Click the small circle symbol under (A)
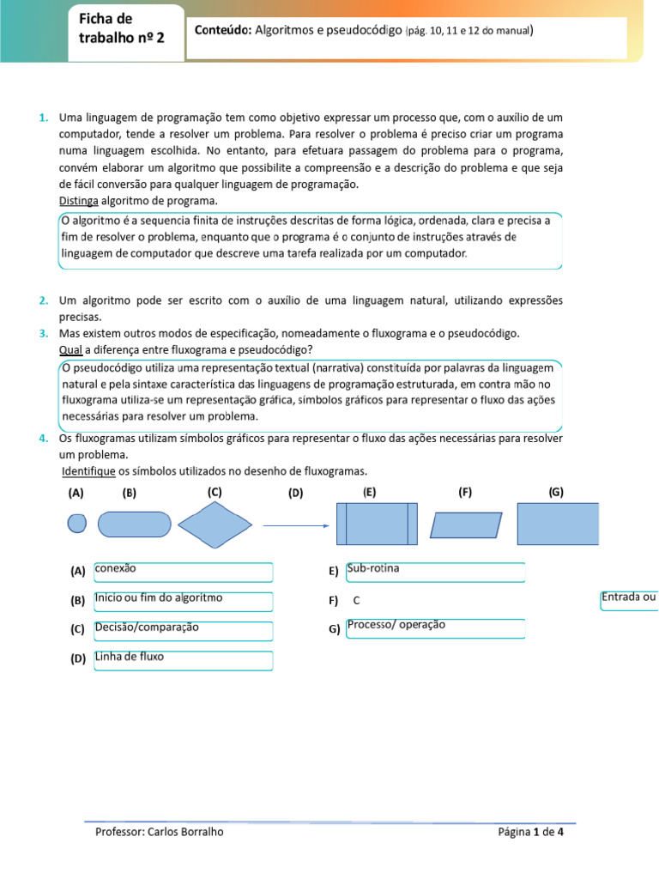click(77, 524)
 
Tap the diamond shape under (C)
click(214, 524)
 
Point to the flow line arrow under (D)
click(295, 525)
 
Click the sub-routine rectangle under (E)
click(377, 524)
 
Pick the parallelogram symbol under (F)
click(465, 524)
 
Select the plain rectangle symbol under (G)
click(559, 524)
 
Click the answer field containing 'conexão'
click(183, 572)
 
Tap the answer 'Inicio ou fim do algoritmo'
click(183, 601)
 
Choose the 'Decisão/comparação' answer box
click(183, 630)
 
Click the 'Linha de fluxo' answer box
click(183, 659)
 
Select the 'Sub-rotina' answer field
click(434, 572)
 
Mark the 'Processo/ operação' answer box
click(434, 628)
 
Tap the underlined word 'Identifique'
click(88, 471)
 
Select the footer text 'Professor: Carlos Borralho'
click(160, 832)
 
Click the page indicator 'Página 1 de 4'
click(530, 832)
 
